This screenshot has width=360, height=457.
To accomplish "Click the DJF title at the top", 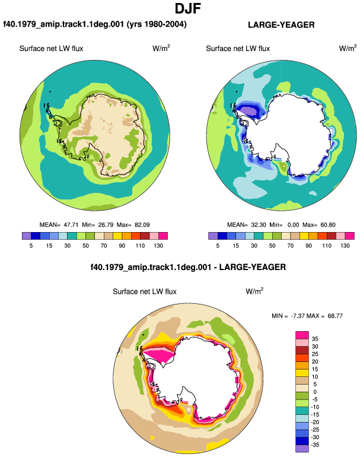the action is point(188,8).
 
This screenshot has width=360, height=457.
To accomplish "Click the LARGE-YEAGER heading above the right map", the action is point(281,25).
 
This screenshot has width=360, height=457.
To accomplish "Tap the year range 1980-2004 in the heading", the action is point(164,24).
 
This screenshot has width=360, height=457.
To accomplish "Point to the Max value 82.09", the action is point(142,225).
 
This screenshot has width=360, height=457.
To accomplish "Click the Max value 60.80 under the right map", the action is point(328,225).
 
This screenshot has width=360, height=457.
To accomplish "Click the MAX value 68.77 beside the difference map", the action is point(335,316).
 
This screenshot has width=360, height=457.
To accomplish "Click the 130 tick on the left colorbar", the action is point(158,246).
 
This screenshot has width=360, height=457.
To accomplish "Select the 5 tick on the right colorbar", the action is point(218,246).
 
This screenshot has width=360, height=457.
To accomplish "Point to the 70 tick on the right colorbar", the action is point(291,246).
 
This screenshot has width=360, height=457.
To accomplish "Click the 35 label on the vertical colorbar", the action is point(315,339).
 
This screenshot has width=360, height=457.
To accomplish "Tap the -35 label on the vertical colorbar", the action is point(315,445).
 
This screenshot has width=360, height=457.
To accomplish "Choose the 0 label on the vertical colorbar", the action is point(315,392).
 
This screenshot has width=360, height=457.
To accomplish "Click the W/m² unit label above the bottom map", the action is point(254,291).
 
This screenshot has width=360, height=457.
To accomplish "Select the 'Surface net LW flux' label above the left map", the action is point(51,49).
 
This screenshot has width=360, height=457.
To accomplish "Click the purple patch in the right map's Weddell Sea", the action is point(249,112).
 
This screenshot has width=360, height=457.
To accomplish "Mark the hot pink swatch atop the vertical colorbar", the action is point(302,335).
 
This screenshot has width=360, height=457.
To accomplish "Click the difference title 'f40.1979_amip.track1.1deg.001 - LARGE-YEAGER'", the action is point(188,267).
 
